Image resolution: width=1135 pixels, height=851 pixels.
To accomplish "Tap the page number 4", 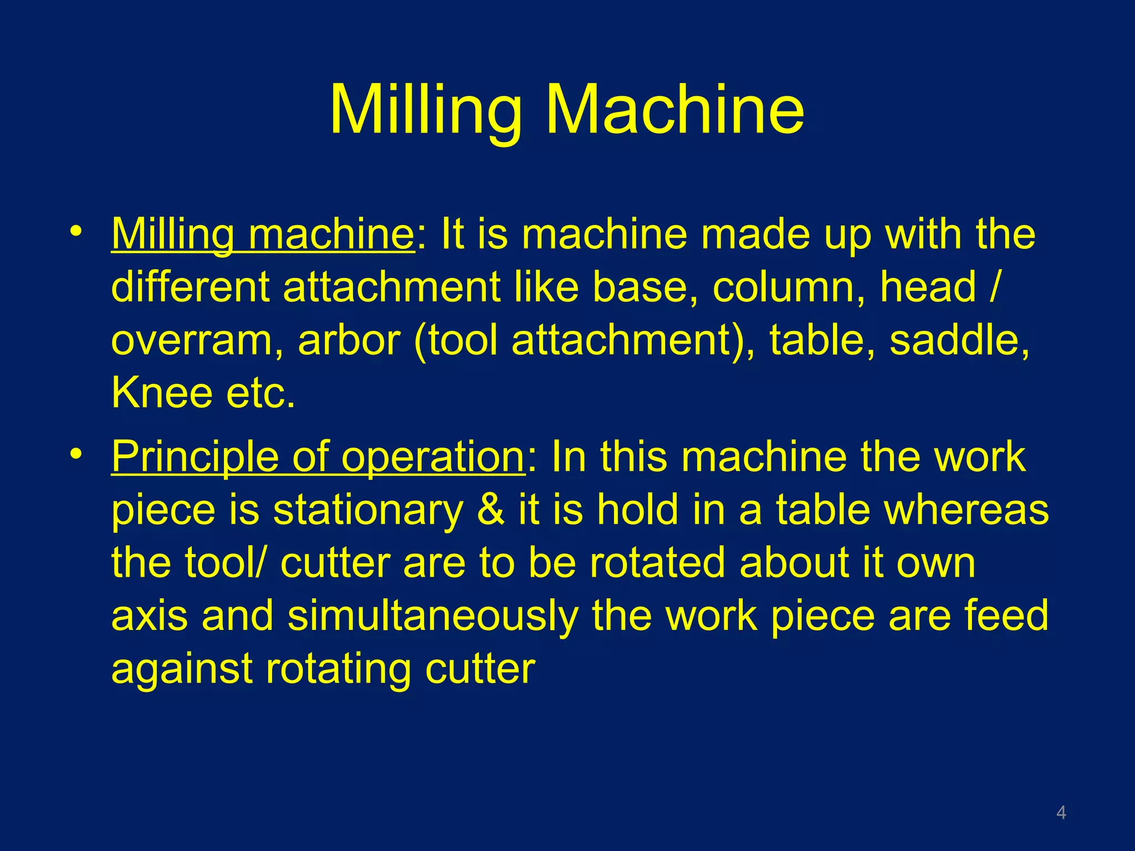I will pos(1061,812).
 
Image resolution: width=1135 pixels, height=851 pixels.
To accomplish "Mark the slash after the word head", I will pos(995,287).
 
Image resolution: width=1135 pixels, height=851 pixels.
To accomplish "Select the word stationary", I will pos(368,511).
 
